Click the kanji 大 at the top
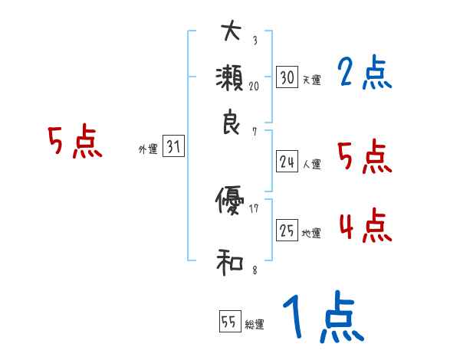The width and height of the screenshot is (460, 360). pos(231,31)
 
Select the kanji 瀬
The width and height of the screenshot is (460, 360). pos(231,78)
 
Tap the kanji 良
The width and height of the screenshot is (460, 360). pos(231,123)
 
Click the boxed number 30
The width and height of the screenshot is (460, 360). pos(287,77)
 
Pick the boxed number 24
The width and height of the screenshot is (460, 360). pos(287,162)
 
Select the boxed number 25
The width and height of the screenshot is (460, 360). pos(287,231)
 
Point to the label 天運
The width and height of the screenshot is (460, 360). pos(311,80)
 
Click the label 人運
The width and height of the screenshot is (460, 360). pos(311,164)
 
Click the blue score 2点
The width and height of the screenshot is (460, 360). pos(364,74)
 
